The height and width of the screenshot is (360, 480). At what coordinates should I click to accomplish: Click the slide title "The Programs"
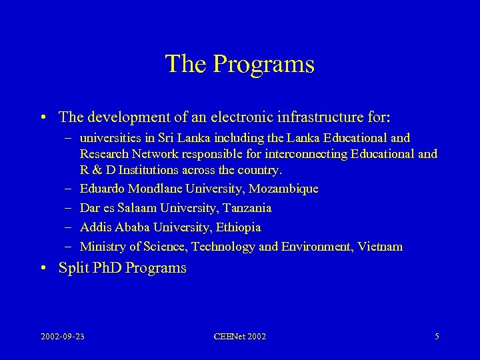coord(239,64)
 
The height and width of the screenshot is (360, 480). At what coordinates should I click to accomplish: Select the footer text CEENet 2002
coord(239,337)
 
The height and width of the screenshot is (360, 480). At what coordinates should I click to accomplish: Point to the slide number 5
coord(437,337)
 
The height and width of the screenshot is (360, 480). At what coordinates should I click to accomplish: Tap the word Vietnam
coord(380,247)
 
